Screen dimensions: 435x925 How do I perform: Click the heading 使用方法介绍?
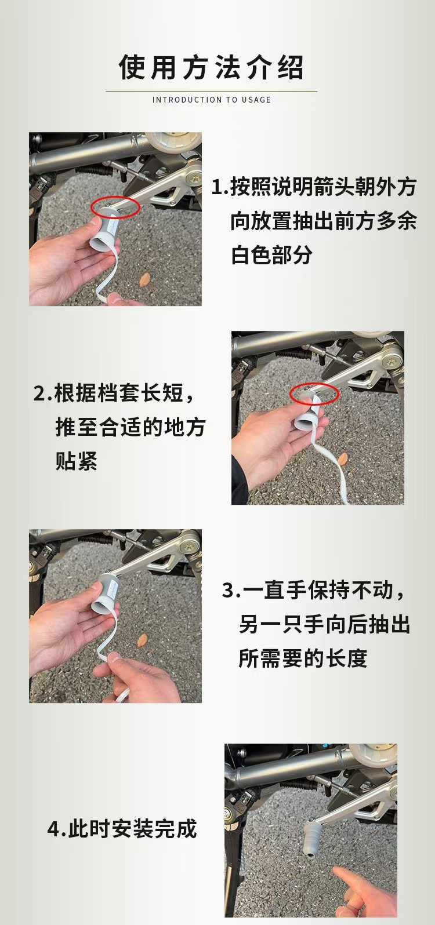click(212, 67)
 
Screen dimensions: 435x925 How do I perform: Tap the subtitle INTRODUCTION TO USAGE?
click(212, 100)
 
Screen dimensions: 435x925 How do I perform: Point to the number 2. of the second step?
click(43, 394)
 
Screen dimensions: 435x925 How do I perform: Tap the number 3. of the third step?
click(231, 591)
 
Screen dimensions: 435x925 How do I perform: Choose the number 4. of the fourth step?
click(57, 828)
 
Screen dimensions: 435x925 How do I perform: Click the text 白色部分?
click(271, 255)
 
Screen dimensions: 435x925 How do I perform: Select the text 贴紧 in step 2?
click(77, 461)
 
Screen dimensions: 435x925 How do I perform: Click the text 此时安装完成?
click(133, 828)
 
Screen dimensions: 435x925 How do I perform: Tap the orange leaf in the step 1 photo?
click(144, 280)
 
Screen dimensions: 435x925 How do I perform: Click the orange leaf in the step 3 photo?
click(142, 640)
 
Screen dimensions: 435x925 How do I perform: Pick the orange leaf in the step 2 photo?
click(343, 459)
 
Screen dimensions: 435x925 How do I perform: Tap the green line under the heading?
click(212, 91)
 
